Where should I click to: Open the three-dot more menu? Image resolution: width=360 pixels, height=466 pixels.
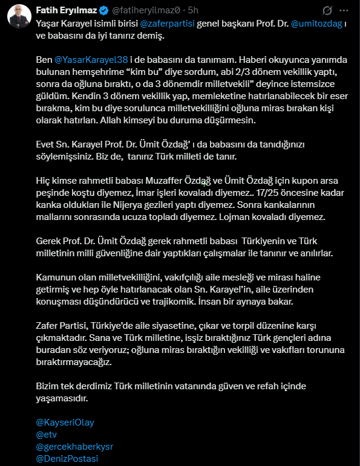coord(345,10)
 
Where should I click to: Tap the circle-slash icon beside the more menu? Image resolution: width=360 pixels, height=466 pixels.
coord(327,10)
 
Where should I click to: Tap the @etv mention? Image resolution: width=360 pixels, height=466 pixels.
coord(47,435)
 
